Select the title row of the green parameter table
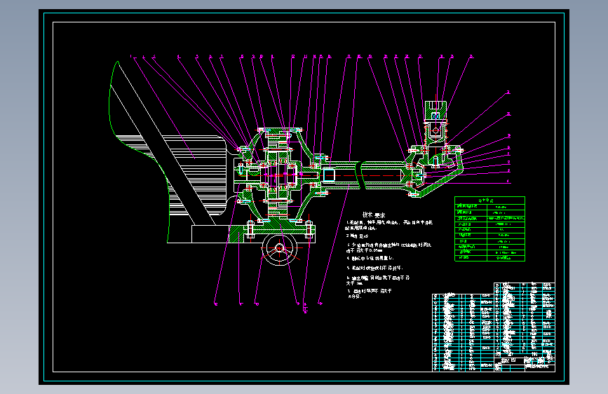coord(489,201)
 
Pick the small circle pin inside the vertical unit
coord(435,129)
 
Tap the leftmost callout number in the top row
coord(130,56)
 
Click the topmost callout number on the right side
coord(509,93)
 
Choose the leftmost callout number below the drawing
coord(216,304)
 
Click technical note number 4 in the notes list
coord(369,257)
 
